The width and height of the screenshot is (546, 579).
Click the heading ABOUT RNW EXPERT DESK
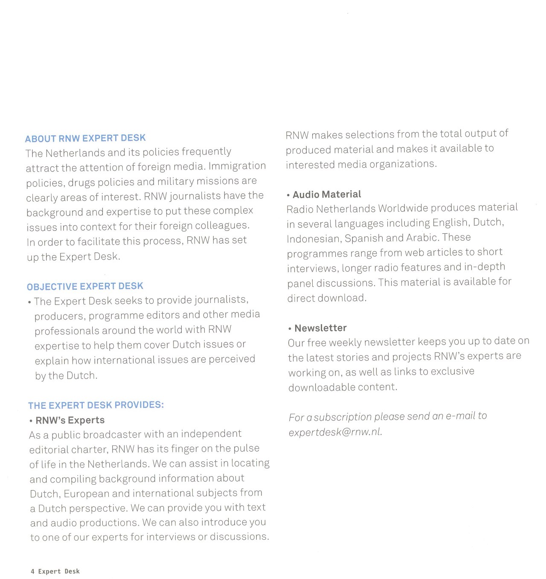tap(85, 138)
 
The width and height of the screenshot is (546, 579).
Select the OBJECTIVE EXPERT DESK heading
tap(85, 286)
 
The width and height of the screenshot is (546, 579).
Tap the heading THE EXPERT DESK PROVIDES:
tap(96, 405)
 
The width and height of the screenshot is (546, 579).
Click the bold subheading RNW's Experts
tap(70, 420)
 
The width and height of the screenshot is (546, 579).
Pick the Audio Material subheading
tap(327, 195)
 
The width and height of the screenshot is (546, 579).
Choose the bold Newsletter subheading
tap(320, 328)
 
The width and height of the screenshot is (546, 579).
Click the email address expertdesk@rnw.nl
tap(335, 432)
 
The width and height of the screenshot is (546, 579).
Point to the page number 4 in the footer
tap(33, 571)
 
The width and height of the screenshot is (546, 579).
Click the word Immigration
tap(237, 166)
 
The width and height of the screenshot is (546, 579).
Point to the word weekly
tap(345, 343)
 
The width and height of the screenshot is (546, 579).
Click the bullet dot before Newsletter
tap(290, 329)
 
